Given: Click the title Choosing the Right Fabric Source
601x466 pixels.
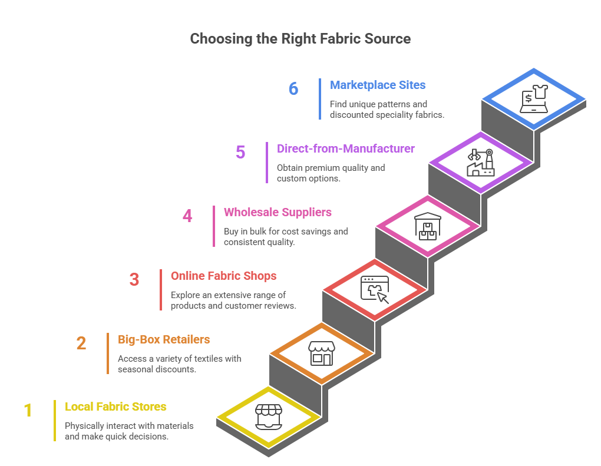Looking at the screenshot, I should tap(300, 39).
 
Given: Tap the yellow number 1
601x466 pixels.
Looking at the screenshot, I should tap(28, 411).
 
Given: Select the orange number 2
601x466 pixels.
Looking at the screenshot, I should tap(81, 343).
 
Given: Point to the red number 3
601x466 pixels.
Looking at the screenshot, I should tap(134, 279).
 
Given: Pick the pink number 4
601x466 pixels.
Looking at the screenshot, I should tap(187, 216).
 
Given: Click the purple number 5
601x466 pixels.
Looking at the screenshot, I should tap(240, 152).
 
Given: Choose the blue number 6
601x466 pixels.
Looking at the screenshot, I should tap(293, 88).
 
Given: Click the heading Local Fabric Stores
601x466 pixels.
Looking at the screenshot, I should tap(115, 406).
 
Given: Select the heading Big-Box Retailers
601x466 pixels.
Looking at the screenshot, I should tap(164, 339).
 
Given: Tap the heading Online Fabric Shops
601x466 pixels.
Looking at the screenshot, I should tap(223, 276).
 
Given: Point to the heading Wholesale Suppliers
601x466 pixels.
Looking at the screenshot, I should tap(278, 212).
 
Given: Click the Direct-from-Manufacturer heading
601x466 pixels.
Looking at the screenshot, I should tap(346, 148).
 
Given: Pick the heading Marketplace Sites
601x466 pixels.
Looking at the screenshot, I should tap(378, 85).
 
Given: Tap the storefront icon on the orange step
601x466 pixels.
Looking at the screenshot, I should tap(321, 353).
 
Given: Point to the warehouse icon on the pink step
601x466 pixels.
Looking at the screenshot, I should tap(427, 226).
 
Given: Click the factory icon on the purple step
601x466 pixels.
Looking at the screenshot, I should tap(480, 163).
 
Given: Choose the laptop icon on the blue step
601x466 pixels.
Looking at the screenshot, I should tap(533, 98).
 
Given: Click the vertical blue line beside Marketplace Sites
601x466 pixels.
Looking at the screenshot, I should tap(320, 99).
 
